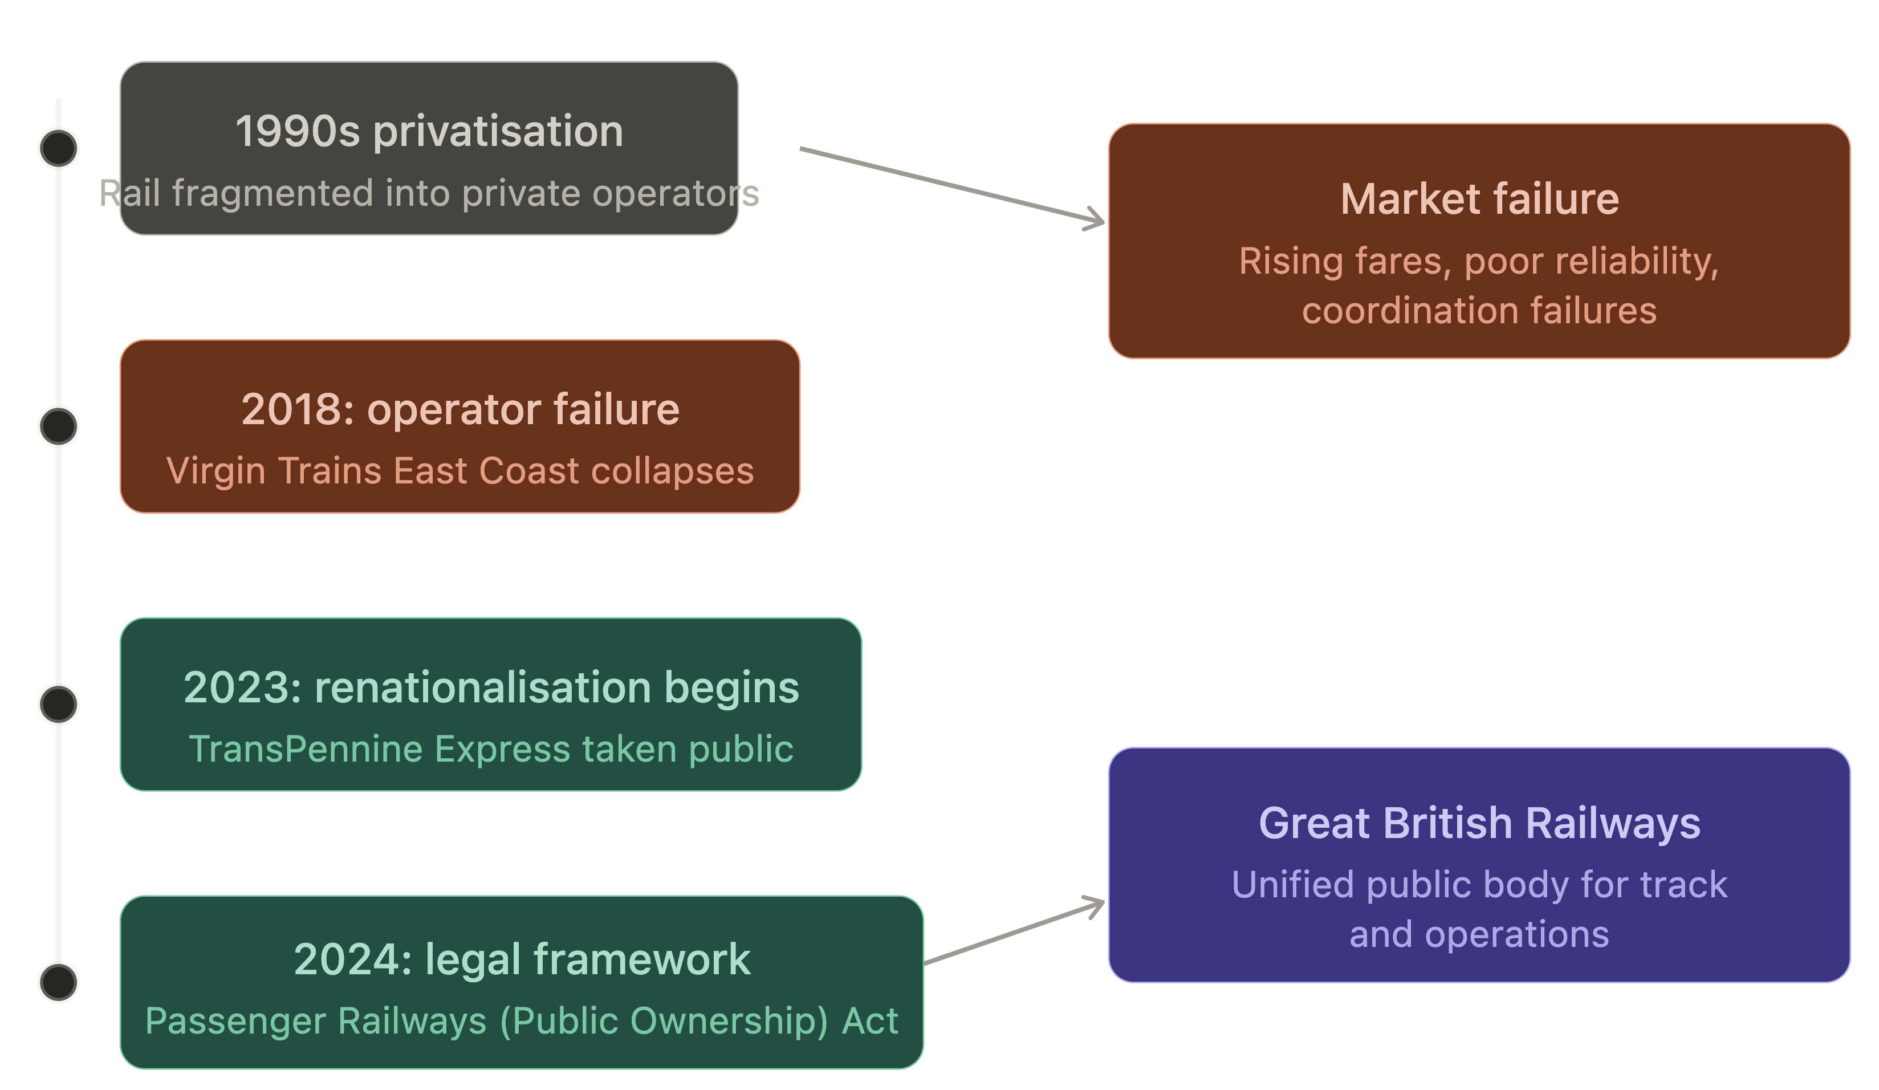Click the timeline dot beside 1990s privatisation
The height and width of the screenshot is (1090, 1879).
[58, 148]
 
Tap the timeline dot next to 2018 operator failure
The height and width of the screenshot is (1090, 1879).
[58, 426]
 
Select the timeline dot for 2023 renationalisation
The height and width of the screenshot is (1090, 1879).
[58, 704]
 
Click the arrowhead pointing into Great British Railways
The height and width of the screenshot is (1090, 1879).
[1097, 904]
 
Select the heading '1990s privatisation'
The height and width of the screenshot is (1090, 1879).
[429, 131]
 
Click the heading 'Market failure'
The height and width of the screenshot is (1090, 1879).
[1479, 199]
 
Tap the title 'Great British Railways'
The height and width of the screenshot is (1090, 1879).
[1479, 823]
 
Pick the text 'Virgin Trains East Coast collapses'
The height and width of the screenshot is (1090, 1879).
[459, 471]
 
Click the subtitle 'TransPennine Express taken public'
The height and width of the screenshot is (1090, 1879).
[491, 749]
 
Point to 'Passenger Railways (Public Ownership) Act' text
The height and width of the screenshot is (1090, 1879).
[521, 1020]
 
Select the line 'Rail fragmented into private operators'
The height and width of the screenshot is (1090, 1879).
[429, 193]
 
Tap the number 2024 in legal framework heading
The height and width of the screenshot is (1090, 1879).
[351, 959]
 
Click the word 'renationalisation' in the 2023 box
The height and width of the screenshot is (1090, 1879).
[483, 688]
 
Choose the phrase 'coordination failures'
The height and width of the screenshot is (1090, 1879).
[1479, 310]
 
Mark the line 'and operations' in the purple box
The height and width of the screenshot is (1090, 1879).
[1479, 934]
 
